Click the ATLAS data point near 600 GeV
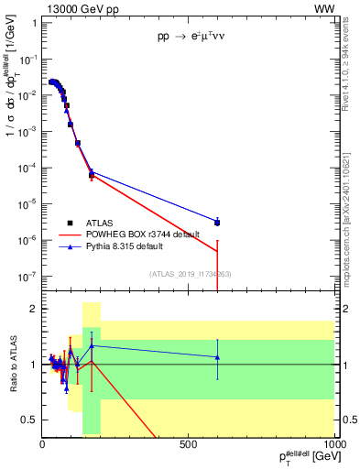pos(217,223)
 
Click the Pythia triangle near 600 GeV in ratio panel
pos(217,357)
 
